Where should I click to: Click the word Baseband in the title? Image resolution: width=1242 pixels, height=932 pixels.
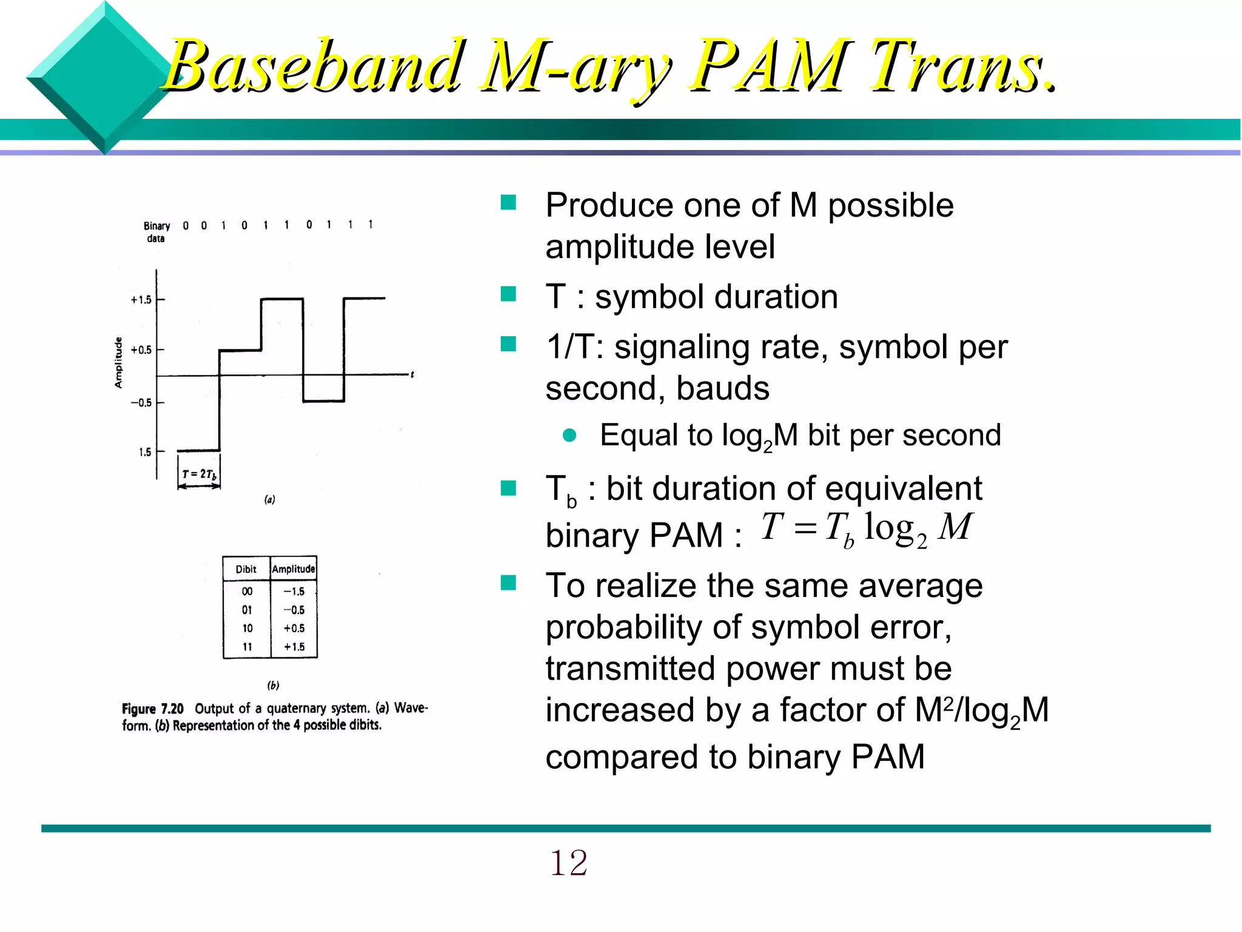312,66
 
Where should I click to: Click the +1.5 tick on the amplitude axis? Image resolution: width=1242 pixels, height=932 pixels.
141,300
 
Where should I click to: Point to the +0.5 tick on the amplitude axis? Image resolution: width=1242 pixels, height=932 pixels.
141,350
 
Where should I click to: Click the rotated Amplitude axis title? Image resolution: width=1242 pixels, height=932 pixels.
118,362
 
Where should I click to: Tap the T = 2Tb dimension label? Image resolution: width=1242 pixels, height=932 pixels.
200,474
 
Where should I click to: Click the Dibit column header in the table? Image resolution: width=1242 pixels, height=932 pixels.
246,569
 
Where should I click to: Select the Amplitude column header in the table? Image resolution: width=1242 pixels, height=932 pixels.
294,569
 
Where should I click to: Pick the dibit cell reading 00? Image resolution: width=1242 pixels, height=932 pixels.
247,592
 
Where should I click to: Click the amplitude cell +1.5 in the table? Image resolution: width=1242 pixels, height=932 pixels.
294,647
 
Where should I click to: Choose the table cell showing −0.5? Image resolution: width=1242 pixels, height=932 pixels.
294,610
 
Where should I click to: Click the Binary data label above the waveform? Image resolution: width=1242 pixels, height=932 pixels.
156,232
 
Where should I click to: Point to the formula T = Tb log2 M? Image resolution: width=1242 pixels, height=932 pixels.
866,528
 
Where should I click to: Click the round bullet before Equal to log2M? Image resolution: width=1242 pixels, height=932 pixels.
569,435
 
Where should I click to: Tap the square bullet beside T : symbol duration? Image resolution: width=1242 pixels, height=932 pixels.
508,294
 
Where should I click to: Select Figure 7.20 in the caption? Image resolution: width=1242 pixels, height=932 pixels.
153,709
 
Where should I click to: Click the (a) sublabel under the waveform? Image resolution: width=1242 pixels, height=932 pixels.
270,499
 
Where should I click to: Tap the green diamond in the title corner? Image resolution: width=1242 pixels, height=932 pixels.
104,78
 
